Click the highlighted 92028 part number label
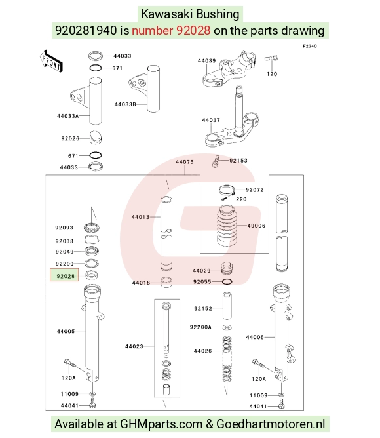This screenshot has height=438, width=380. pos(66,276)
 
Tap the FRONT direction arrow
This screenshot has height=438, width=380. pos(51,62)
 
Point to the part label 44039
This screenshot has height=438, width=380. pos(206,61)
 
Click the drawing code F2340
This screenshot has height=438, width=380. pos(310,46)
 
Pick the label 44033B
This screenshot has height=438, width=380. pos(125,104)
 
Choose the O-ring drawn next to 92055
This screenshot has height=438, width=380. pos(227,281)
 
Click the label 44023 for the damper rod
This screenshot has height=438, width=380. pos(134,346)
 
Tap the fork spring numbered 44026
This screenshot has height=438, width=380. pos(227,359)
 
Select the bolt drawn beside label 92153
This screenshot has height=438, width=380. pos(216,162)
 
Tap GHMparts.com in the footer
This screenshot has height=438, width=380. pos(161,424)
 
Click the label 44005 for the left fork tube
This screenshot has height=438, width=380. pos(66,332)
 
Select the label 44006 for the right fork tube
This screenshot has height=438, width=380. pos(255,338)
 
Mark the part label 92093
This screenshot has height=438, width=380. pos(64,228)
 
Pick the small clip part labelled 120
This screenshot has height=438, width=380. pos(271,58)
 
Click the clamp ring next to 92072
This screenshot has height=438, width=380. pos(227,191)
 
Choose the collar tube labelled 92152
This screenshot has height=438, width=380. pos(227,306)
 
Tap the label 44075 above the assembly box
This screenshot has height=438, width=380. pos(185,162)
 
